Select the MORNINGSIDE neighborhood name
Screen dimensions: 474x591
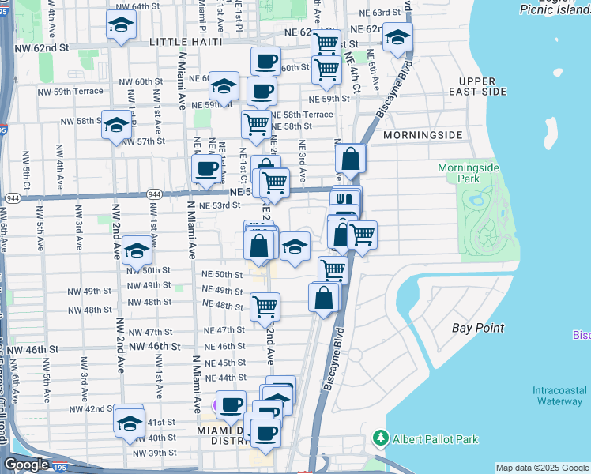(422, 135)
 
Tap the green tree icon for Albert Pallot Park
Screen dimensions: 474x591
(381, 438)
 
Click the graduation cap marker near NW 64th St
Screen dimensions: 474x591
(121, 25)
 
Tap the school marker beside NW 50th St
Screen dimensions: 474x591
(137, 252)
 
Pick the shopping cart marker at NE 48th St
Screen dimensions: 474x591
(265, 306)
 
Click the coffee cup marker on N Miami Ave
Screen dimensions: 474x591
(207, 169)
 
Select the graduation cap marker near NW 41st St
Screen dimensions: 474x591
(130, 421)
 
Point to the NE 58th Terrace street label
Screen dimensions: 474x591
(303, 115)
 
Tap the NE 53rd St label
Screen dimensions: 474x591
(219, 205)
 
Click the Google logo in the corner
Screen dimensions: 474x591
(27, 465)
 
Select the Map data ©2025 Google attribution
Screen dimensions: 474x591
(541, 468)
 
